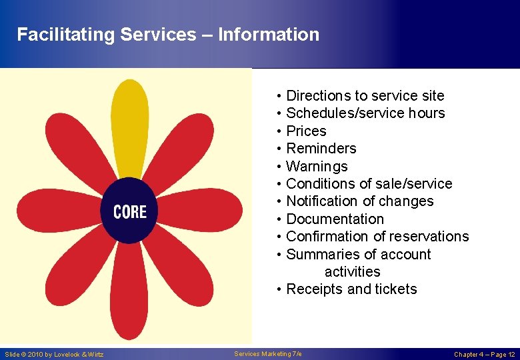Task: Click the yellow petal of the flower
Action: (130, 127)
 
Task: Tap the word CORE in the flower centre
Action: (130, 212)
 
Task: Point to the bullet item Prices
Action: (306, 131)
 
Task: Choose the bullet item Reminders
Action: (321, 149)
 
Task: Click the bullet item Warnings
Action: (317, 167)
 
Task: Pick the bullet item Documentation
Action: (335, 219)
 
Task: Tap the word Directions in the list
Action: (317, 96)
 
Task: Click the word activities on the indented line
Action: (353, 272)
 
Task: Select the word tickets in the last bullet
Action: (396, 289)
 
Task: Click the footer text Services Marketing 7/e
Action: (268, 353)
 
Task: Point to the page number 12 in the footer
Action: (511, 355)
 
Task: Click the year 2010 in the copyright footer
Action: (35, 355)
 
